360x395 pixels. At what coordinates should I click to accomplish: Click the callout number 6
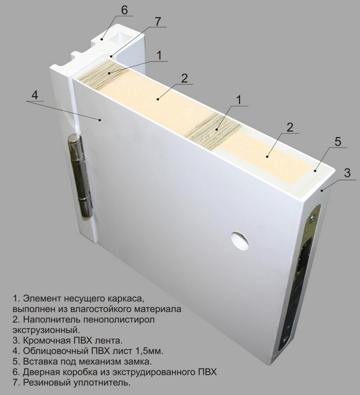[x=124, y=10]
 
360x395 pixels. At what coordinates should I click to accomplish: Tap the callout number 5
[x=337, y=142]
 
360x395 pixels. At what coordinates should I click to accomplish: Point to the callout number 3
[x=347, y=172]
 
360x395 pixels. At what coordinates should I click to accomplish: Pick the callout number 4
[x=35, y=95]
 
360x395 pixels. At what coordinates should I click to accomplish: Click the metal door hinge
[x=80, y=176]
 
